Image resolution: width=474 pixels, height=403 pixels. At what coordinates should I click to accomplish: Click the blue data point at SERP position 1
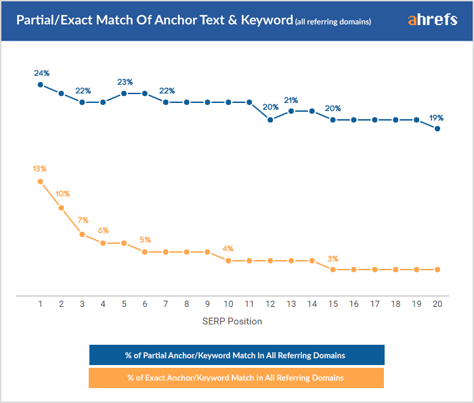tap(41, 85)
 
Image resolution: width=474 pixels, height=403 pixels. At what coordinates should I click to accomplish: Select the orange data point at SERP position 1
tap(41, 182)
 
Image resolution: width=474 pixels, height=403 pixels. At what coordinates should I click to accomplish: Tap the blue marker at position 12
tap(270, 120)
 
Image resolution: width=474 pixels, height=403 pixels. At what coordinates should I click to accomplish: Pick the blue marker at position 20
tap(437, 128)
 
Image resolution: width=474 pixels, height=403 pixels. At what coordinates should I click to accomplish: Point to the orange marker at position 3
tap(82, 234)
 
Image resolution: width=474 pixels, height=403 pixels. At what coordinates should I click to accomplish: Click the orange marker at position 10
tap(228, 261)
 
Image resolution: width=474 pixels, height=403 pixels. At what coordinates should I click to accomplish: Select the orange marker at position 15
tap(333, 270)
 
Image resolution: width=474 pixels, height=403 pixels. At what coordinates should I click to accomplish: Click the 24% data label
tap(41, 72)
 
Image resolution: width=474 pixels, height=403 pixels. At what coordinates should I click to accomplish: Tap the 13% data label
tap(41, 169)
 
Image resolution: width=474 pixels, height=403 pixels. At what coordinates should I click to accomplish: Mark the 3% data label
tap(332, 258)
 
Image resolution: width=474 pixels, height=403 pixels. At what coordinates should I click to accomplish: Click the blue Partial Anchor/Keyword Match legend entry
tap(236, 355)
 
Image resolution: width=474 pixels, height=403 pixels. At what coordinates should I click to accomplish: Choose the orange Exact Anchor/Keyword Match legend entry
tap(236, 377)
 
